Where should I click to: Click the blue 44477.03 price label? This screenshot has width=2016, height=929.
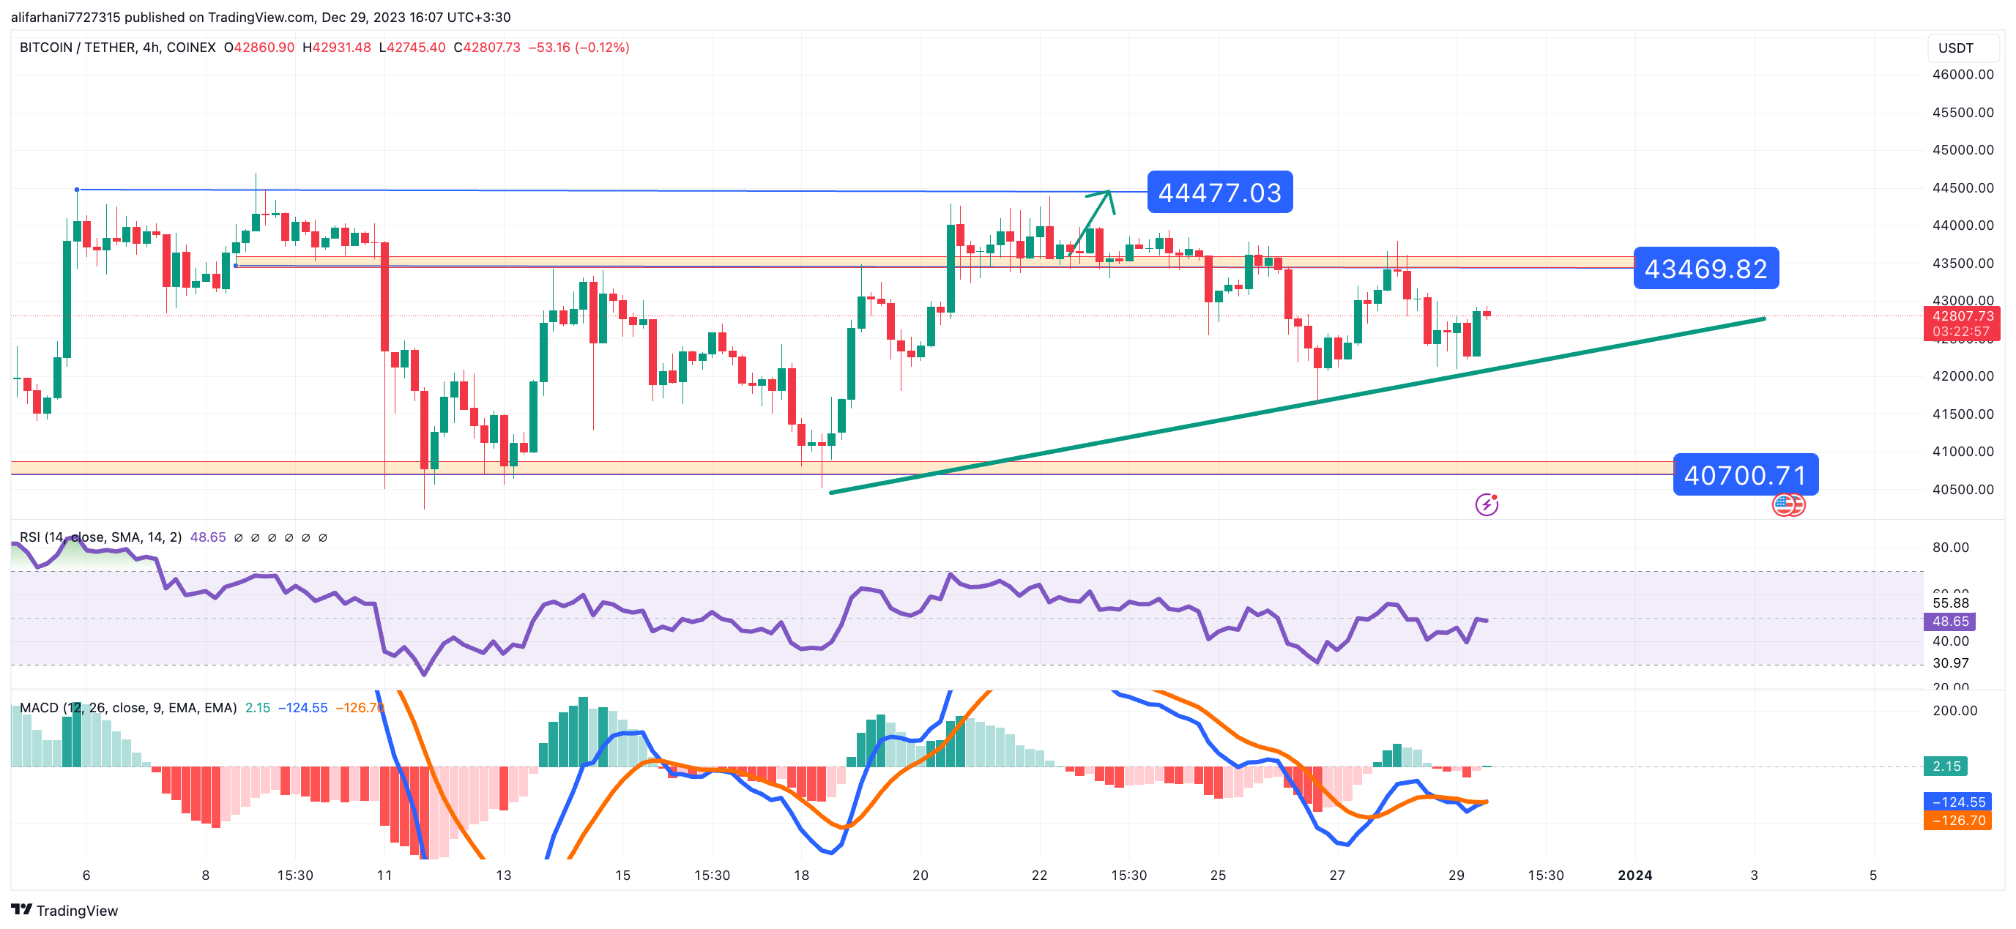click(x=1219, y=193)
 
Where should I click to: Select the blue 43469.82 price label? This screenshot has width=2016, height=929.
click(x=1706, y=269)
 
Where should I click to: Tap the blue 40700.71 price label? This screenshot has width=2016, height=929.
click(x=1744, y=475)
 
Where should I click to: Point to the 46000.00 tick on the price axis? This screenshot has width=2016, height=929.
click(x=1962, y=75)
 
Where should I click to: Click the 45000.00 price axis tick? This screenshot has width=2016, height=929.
click(x=1962, y=149)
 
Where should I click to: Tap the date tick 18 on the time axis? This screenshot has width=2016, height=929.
click(x=800, y=875)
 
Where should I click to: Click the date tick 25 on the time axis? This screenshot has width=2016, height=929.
click(x=1218, y=875)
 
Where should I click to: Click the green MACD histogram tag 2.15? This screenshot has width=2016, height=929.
click(x=1946, y=766)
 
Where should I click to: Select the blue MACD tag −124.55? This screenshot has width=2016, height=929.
click(x=1957, y=802)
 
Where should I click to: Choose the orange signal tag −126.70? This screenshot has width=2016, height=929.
click(x=1957, y=820)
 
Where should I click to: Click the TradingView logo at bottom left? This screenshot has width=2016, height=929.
click(x=64, y=910)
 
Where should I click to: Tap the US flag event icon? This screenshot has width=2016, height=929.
click(x=1788, y=505)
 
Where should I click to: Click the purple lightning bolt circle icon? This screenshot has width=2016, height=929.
click(x=1486, y=505)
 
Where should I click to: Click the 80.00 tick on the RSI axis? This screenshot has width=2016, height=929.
click(x=1949, y=547)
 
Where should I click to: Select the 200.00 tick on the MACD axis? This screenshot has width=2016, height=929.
click(x=1954, y=711)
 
